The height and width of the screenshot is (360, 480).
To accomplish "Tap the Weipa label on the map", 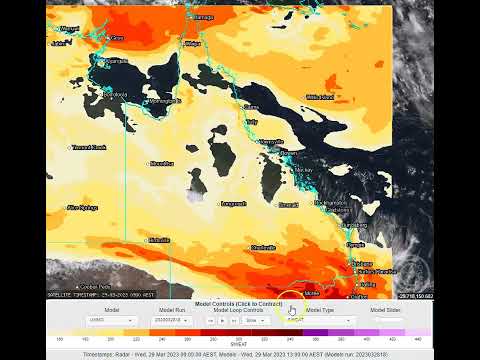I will pos(194,44).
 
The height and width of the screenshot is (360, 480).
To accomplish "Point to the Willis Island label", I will pos(320,97).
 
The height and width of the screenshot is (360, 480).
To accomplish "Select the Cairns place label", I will pos(251,106).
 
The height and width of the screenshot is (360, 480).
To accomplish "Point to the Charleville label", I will pos(264,247).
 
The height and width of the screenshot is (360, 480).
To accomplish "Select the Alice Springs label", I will pos(82,207).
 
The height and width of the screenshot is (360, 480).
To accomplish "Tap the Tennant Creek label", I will pos(89,147).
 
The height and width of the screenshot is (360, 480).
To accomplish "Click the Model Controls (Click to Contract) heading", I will pos(239,303).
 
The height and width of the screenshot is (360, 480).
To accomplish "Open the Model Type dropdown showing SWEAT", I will pos(319,321).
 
